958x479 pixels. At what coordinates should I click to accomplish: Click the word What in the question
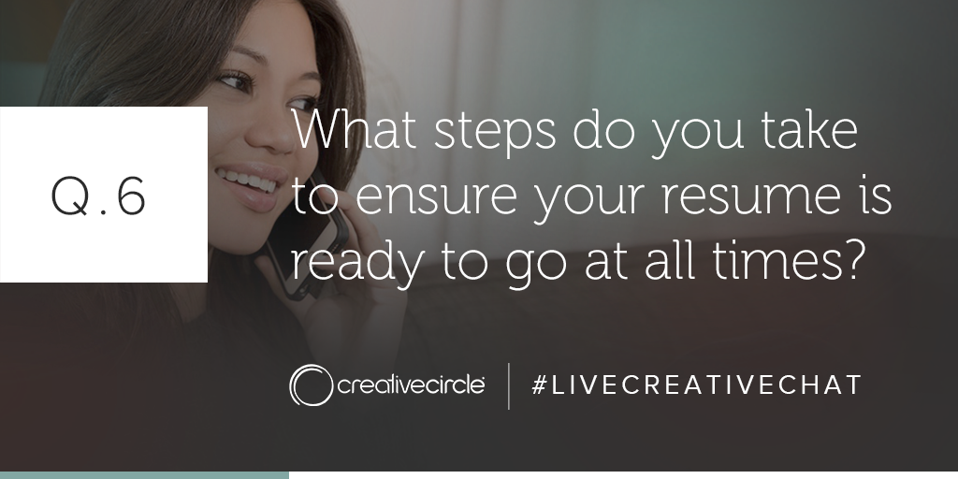pos(354,129)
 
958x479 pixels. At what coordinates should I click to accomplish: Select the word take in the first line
pos(809,129)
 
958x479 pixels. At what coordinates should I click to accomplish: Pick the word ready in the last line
pos(356,263)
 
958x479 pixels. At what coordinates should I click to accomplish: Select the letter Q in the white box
pos(69,196)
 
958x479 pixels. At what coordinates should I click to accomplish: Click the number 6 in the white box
pos(131,196)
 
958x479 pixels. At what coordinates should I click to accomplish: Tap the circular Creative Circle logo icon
pos(311,385)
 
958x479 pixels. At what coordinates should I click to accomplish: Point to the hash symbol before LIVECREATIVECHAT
pos(539,385)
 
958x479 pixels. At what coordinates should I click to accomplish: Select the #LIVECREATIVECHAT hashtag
pos(696,385)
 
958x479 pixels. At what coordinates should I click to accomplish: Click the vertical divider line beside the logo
pos(508,385)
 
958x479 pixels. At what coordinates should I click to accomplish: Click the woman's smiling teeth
pos(247,181)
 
